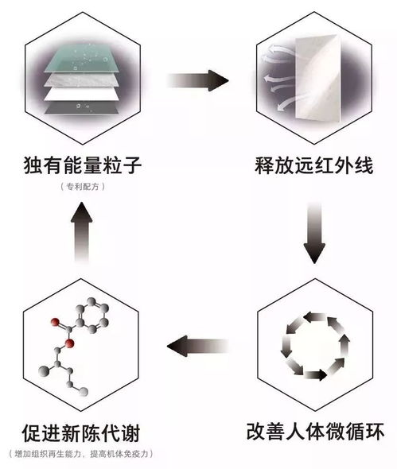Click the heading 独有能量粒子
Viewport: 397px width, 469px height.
pyautogui.click(x=82, y=165)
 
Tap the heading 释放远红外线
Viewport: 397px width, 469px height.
pyautogui.click(x=314, y=165)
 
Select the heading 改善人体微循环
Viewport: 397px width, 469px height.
pyautogui.click(x=315, y=431)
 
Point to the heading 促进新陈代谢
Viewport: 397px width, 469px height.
pyautogui.click(x=81, y=433)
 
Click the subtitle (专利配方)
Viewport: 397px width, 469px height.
pyautogui.click(x=83, y=187)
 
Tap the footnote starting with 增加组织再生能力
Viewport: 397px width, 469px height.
pyautogui.click(x=81, y=453)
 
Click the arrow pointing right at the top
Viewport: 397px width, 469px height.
pyautogui.click(x=198, y=80)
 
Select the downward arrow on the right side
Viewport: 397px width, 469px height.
pyautogui.click(x=314, y=233)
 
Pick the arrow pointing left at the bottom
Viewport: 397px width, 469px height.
pyautogui.click(x=198, y=346)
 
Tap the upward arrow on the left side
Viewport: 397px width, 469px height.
pyautogui.click(x=81, y=232)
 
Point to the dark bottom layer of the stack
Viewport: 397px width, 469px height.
pyautogui.click(x=81, y=107)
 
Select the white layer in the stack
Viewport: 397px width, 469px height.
pyautogui.click(x=81, y=94)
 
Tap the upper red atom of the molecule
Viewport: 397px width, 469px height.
pyautogui.click(x=55, y=322)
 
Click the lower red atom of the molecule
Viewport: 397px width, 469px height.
pyautogui.click(x=69, y=344)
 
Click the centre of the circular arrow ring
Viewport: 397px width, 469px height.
pyautogui.click(x=315, y=346)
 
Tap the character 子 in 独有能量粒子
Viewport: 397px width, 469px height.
pyautogui.click(x=132, y=165)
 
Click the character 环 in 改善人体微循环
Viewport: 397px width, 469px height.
pyautogui.click(x=375, y=431)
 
